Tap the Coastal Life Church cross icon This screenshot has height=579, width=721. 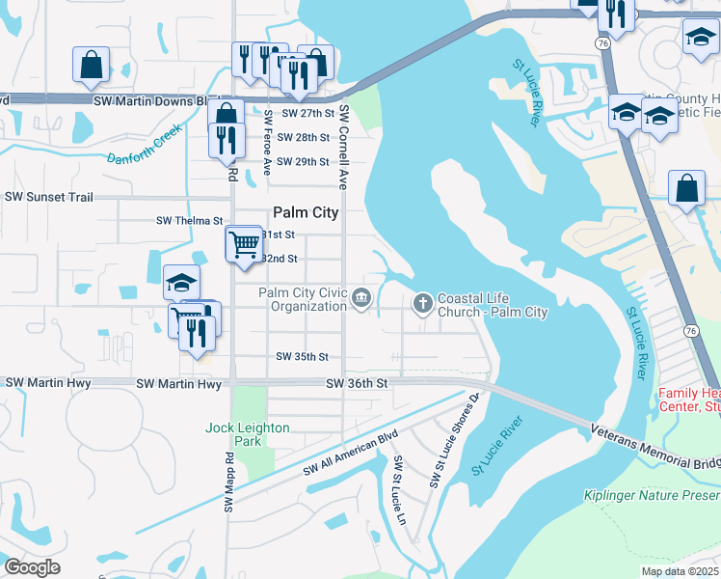point(422,304)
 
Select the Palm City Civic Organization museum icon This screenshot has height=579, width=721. point(361,298)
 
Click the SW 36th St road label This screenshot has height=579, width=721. point(357,383)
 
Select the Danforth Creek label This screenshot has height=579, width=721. point(145,143)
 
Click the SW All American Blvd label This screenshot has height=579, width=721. point(350,454)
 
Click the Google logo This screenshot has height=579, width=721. point(32,567)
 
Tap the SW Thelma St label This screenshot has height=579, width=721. point(189,221)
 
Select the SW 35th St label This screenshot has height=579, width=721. point(303,357)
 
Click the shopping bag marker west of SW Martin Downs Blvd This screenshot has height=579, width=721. point(91,65)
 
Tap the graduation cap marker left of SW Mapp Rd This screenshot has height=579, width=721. point(181,282)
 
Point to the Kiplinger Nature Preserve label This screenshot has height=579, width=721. point(652,496)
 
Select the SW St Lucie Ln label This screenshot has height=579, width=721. point(398,491)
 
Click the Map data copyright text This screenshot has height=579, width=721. point(680,571)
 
